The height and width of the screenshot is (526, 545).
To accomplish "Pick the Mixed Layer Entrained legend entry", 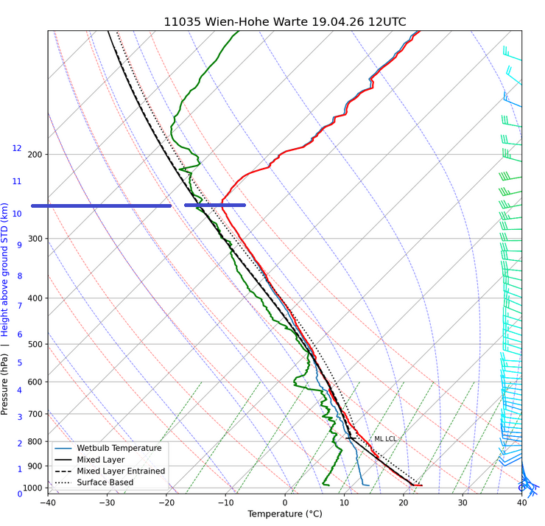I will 121,471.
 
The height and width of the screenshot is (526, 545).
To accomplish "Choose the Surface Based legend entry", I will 105,483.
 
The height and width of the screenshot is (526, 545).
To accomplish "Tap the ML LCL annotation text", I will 385,439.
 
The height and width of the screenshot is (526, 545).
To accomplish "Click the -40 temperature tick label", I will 48,503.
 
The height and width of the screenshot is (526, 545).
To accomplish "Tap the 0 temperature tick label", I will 285,503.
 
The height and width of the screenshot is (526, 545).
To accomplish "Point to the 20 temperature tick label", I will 404,503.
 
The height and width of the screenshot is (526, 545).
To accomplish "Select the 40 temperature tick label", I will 521,503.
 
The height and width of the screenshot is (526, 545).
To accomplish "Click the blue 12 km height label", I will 17,149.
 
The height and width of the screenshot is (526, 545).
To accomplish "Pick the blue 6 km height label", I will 20,334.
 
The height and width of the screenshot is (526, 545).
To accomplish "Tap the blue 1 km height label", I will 20,469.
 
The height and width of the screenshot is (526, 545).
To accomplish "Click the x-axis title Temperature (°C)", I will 284,514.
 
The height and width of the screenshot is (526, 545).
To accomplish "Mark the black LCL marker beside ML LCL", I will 351,438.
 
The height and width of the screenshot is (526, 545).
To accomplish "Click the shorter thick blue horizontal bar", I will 215,205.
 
